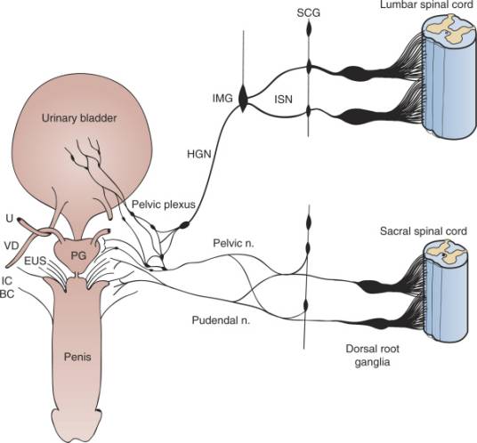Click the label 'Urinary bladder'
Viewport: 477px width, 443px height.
79,118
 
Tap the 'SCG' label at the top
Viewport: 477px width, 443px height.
309,13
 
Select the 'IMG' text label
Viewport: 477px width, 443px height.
222,98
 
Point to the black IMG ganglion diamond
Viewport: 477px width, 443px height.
243,99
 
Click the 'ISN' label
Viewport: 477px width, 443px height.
283,99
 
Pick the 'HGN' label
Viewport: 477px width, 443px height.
199,154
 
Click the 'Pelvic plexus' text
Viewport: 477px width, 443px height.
164,205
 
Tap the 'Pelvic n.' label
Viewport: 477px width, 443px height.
233,243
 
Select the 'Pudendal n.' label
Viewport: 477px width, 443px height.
222,320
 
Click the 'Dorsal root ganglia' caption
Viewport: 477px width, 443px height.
372,355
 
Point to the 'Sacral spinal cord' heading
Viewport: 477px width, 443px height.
423,231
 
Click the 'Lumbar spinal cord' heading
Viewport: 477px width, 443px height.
427,5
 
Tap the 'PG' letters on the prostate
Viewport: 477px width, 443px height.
78,256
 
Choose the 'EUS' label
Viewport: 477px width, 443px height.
36,261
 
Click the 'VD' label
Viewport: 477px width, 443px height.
12,245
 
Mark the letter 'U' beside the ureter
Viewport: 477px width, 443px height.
10,218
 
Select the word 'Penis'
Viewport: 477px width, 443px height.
77,357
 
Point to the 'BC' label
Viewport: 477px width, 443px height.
7,294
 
